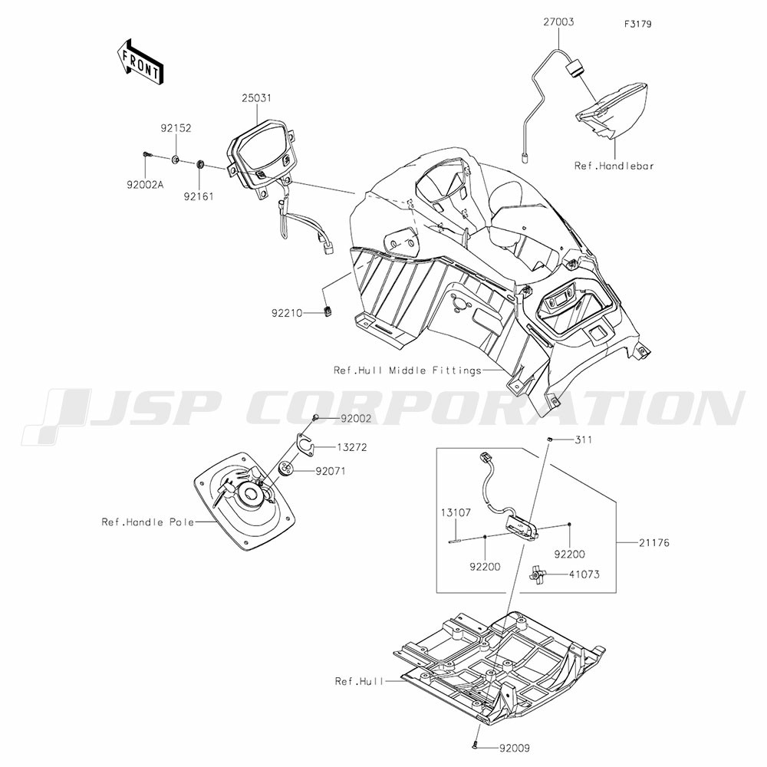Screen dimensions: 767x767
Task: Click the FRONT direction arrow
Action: click(x=140, y=61)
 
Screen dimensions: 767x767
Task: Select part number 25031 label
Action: click(x=256, y=98)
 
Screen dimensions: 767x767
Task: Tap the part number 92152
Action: click(x=176, y=128)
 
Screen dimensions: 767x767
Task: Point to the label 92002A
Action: click(x=145, y=185)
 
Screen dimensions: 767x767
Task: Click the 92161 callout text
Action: click(x=199, y=196)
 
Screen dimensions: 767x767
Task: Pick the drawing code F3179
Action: click(x=638, y=24)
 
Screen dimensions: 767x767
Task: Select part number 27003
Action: click(x=558, y=22)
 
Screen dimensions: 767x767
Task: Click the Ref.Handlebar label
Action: click(x=614, y=166)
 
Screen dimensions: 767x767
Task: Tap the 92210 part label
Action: click(x=287, y=313)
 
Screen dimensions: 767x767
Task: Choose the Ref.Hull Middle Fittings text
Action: click(x=407, y=370)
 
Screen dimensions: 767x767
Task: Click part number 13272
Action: click(x=352, y=447)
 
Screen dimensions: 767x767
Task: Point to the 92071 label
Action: click(x=330, y=472)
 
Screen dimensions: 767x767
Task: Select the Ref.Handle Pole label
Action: click(x=148, y=522)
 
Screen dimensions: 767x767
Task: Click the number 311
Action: click(x=583, y=439)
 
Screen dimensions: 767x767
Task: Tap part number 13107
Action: click(x=456, y=512)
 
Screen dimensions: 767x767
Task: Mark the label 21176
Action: click(x=653, y=542)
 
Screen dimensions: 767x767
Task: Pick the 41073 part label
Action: click(x=584, y=574)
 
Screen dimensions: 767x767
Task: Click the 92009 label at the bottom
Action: click(x=514, y=748)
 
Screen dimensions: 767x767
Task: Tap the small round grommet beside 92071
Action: click(x=286, y=469)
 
